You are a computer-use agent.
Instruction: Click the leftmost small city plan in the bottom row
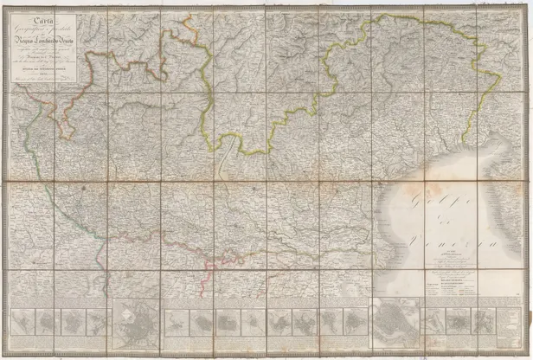click(x=30, y=322)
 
